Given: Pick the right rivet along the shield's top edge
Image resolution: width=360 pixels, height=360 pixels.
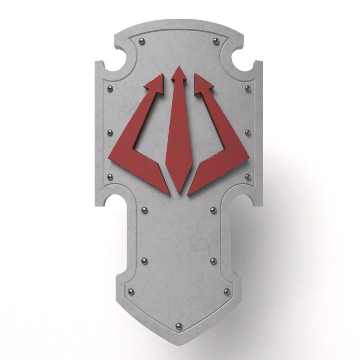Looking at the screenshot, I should coord(216,41).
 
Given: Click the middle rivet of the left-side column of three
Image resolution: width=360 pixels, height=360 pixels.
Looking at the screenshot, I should coord(109,133).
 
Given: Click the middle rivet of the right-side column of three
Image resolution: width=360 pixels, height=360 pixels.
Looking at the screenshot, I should coord(247,133).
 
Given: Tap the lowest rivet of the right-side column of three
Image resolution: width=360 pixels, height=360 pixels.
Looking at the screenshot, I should coord(247,177).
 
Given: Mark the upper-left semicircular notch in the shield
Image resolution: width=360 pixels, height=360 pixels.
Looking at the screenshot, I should coord(113,63).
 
